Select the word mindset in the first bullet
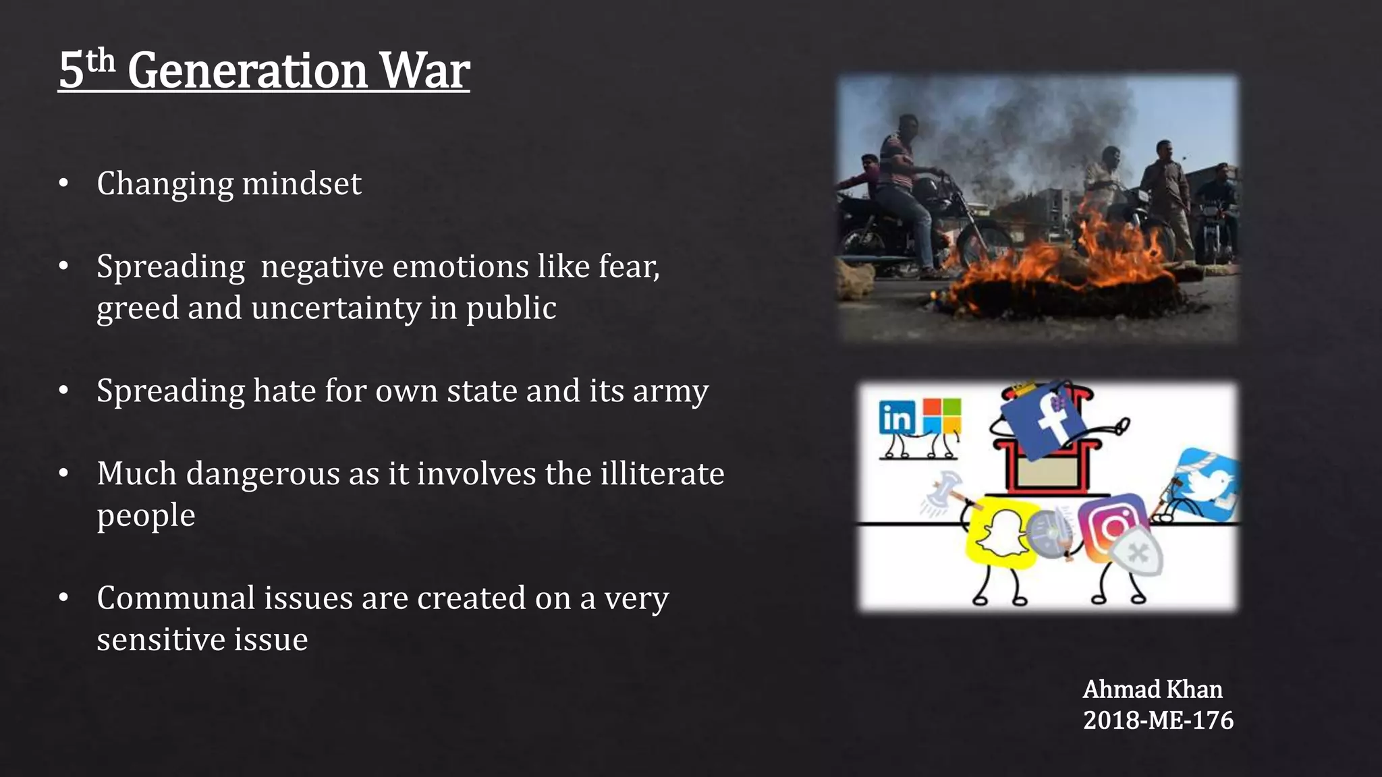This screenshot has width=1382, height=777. click(x=302, y=183)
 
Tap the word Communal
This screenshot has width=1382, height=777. click(x=175, y=598)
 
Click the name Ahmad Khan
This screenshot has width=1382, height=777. click(x=1153, y=689)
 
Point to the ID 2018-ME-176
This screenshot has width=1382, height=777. click(x=1158, y=720)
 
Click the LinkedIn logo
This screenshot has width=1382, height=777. click(x=897, y=418)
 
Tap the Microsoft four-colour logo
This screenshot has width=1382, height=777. click(x=941, y=415)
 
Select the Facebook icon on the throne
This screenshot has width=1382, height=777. click(x=1043, y=418)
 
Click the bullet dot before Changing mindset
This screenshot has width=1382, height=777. click(x=63, y=183)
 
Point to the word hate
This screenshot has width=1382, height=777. click(x=284, y=391)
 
